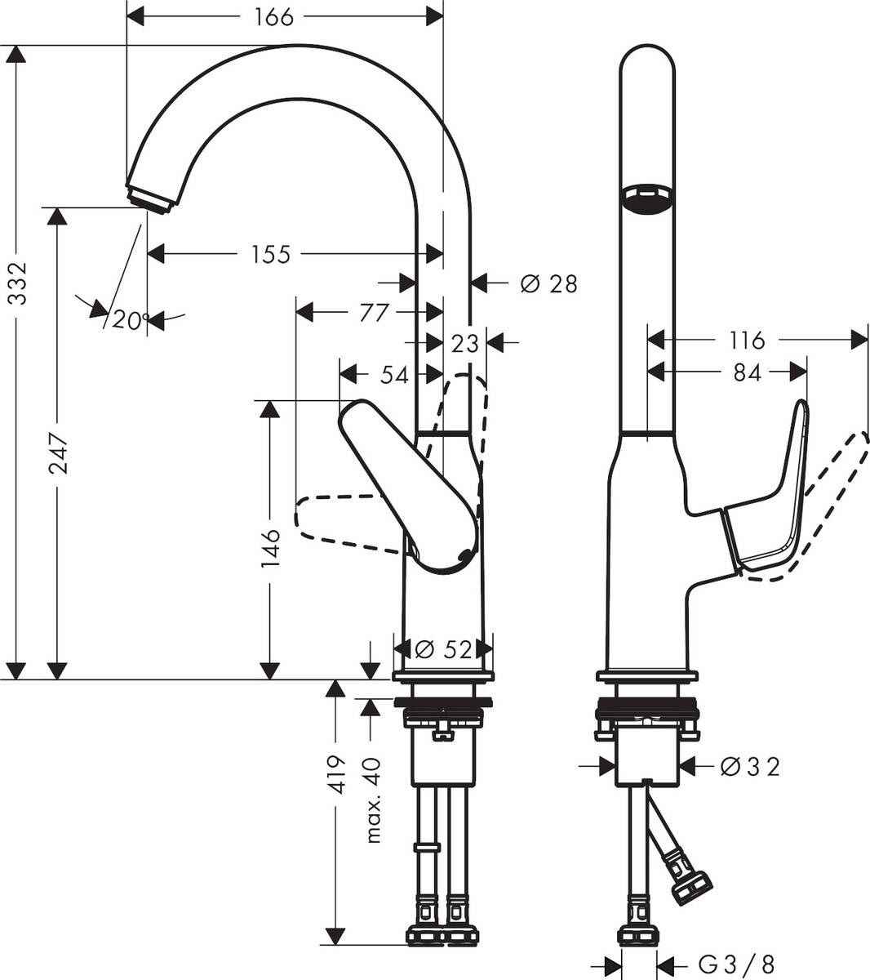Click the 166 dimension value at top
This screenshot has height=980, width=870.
click(273, 16)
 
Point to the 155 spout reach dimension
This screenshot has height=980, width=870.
click(271, 255)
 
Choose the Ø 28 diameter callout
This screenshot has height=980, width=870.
click(548, 283)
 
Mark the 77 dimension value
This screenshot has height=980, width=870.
click(371, 312)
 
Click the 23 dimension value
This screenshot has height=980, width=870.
click(464, 344)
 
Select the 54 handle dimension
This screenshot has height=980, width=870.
click(394, 375)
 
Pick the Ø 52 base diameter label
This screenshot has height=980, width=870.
click(443, 649)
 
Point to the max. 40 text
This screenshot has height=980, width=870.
click(374, 799)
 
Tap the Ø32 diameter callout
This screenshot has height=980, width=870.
click(750, 766)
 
